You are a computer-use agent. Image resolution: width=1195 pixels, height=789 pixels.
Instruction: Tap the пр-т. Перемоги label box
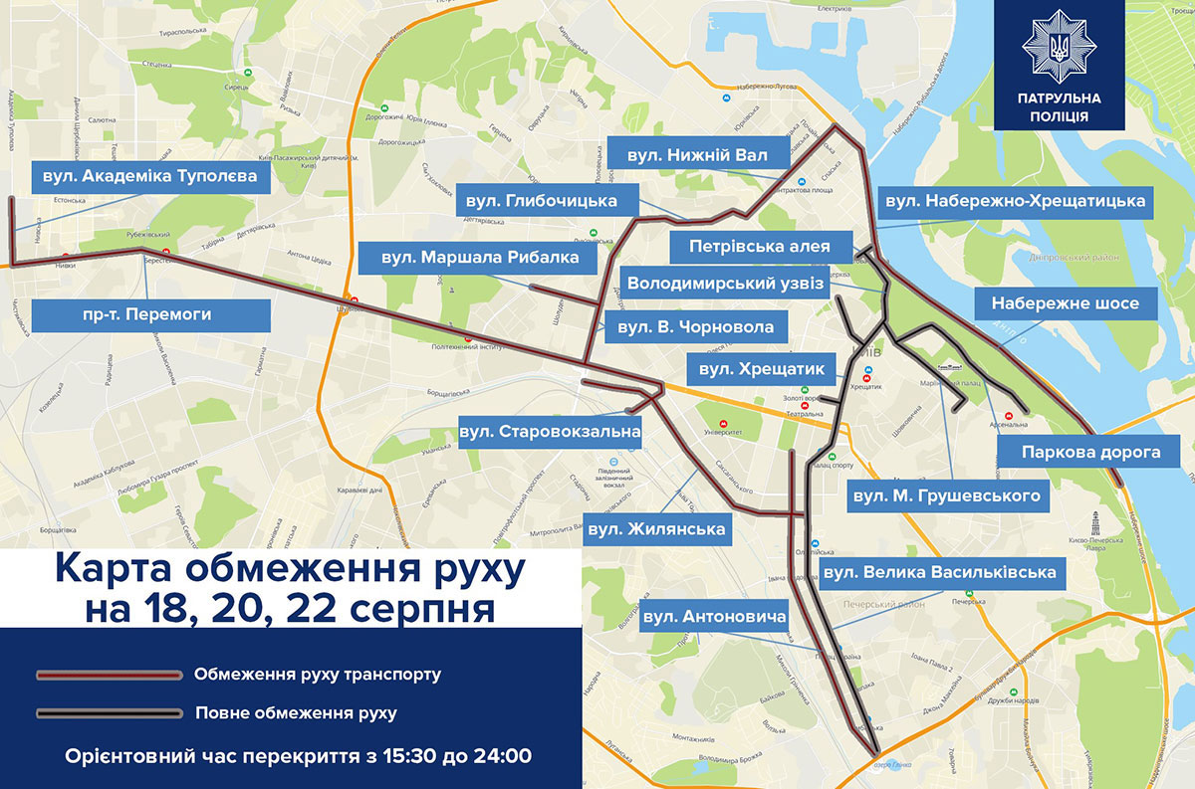(150, 314)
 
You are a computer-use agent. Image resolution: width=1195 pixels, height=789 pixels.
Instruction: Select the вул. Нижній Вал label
(694, 156)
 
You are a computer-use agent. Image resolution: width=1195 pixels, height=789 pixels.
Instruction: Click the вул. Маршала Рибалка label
(479, 258)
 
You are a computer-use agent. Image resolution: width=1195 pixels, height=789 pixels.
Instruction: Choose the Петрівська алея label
(762, 245)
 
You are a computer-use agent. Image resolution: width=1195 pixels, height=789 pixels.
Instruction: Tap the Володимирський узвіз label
(726, 284)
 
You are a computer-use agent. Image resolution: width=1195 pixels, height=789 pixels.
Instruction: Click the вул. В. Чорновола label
(688, 326)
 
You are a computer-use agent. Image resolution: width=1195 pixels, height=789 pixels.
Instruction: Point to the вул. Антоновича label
(714, 617)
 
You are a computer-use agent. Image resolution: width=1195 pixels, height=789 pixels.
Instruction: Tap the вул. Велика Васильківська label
(938, 573)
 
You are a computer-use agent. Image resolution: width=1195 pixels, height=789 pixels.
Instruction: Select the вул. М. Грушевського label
(946, 494)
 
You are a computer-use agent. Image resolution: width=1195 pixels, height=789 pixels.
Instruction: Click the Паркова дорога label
(1090, 452)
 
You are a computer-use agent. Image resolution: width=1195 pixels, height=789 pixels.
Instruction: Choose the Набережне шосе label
(1065, 303)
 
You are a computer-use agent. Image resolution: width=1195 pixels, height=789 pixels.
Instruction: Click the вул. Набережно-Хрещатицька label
(1015, 201)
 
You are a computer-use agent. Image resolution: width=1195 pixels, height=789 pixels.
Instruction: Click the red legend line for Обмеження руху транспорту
(109, 675)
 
